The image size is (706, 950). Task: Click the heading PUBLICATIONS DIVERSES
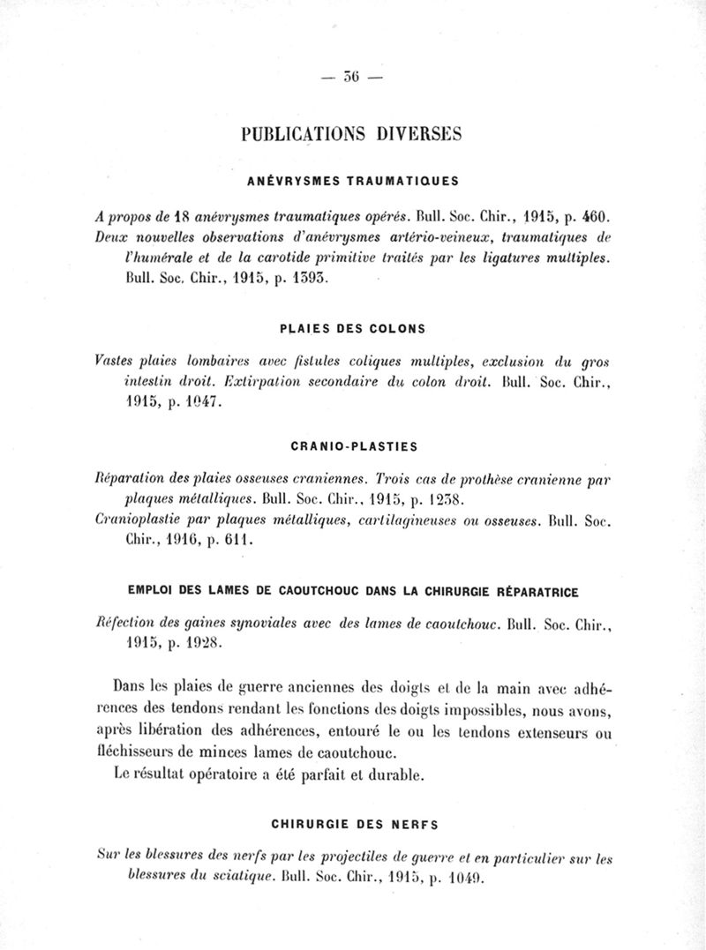tap(352, 134)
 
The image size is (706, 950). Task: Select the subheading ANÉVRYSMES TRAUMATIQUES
tap(351, 182)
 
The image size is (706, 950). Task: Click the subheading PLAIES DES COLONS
tap(352, 329)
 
